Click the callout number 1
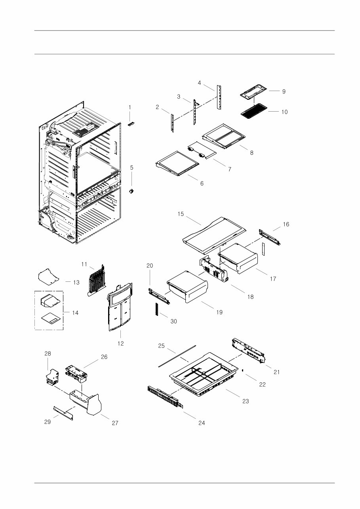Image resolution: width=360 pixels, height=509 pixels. pos(130,107)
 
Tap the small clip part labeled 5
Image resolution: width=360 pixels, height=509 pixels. pos(131,191)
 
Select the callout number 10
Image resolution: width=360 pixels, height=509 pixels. pos(284,112)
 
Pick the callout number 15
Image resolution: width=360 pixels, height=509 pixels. pos(181,214)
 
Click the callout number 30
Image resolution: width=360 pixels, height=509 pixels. pos(173,322)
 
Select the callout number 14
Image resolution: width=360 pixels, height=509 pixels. pos(75,313)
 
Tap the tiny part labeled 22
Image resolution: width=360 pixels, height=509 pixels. pos(242,371)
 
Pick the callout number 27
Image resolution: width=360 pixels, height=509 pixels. pos(114,423)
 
